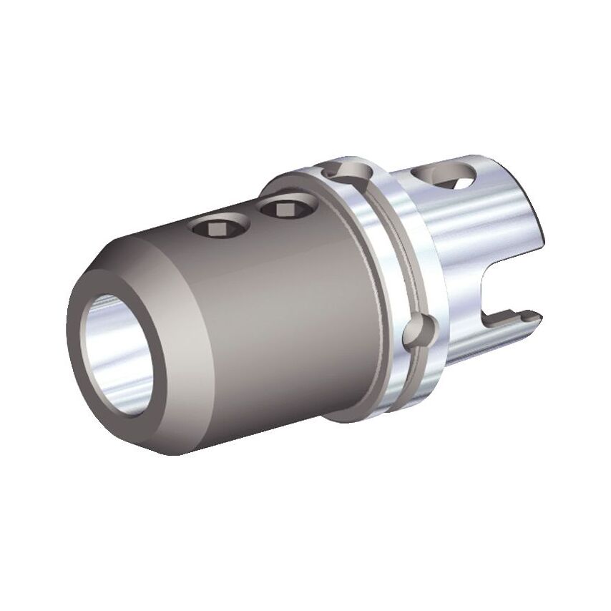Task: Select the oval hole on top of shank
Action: (x=445, y=175)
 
